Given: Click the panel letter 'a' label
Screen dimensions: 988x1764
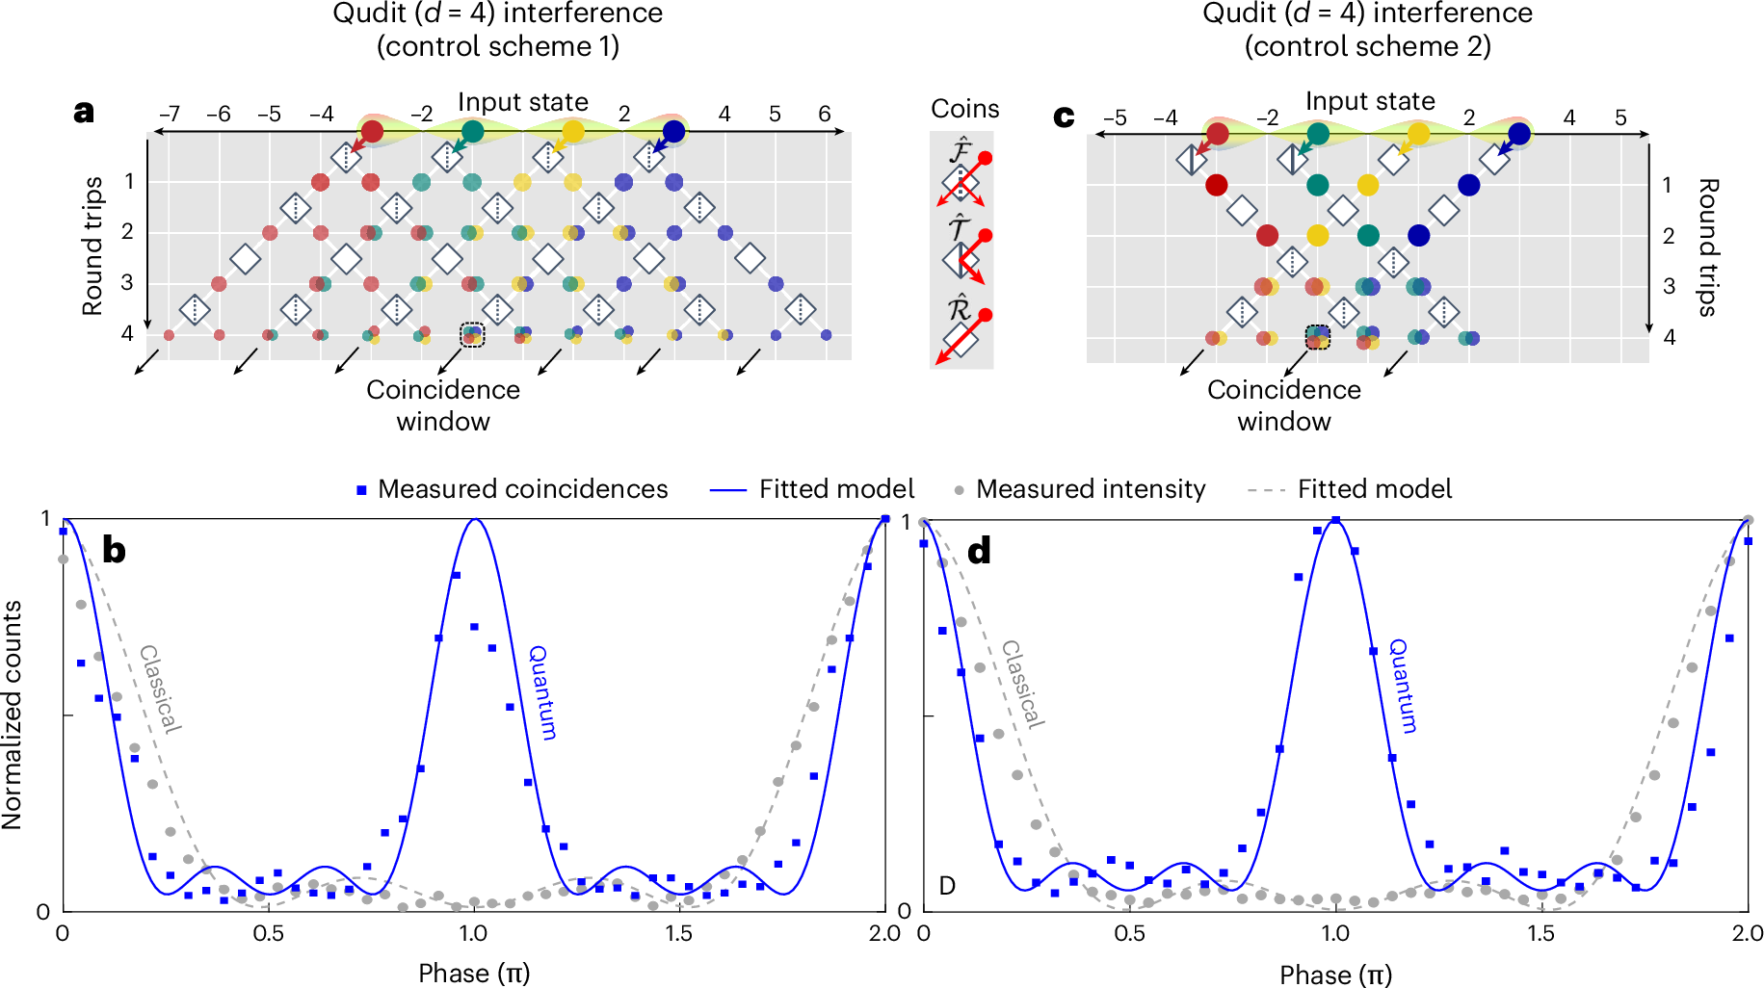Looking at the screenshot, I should (85, 112).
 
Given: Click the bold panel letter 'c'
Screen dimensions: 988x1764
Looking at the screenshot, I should (1064, 116).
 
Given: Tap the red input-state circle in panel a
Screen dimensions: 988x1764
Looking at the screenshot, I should (371, 131).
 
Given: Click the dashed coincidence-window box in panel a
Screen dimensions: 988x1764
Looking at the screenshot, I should (472, 334).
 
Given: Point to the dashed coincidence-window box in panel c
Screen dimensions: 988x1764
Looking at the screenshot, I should (1317, 337).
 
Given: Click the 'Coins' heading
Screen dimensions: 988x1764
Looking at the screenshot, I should (964, 109).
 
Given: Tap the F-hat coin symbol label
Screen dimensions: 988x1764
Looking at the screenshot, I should (960, 150).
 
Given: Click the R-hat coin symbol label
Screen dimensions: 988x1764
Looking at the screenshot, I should (959, 309).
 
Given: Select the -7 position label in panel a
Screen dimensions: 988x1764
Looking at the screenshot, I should (169, 114).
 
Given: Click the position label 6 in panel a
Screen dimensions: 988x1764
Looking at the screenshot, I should (825, 114).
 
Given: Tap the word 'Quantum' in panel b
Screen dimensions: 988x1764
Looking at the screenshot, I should (542, 692).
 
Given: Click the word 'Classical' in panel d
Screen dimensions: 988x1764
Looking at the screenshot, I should (1022, 684).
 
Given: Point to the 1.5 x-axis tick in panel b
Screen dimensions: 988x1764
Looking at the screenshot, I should (678, 933).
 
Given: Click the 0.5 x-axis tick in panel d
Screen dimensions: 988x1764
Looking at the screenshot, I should (1129, 933).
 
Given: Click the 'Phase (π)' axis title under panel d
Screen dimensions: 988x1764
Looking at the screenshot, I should (1335, 975).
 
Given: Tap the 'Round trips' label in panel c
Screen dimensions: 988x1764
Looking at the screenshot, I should (1706, 247).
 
